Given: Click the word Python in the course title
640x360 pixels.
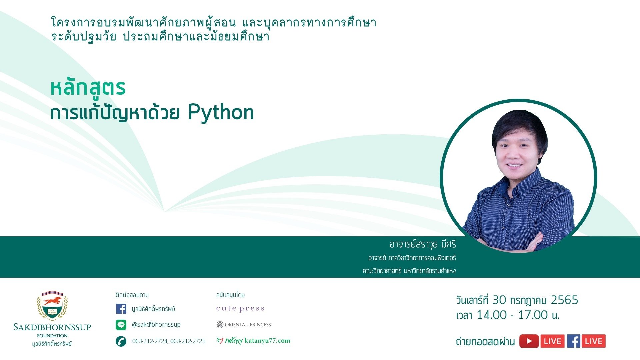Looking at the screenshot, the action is click(x=221, y=113).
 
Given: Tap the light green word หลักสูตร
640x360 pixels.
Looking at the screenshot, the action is click(x=88, y=88).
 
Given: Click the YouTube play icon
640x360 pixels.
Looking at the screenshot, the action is click(x=529, y=341).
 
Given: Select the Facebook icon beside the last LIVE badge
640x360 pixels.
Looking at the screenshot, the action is click(x=573, y=341).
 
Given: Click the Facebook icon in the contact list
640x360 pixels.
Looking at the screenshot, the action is click(x=121, y=309).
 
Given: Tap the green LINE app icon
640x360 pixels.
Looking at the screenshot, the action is click(x=121, y=325).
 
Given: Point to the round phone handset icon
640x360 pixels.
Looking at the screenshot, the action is click(x=121, y=341).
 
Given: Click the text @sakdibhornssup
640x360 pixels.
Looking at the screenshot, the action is click(x=156, y=325).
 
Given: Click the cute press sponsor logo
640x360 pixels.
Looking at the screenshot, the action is click(x=240, y=309).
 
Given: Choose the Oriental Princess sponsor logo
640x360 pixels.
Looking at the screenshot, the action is click(x=244, y=325).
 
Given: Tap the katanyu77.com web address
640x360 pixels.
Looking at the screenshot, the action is click(x=267, y=341).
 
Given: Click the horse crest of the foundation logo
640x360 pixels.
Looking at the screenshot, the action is click(x=52, y=305).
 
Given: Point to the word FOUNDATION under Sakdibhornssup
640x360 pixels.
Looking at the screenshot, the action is click(x=52, y=336).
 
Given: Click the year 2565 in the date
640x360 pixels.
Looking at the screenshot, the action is click(x=564, y=300).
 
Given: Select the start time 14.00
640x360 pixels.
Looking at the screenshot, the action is click(x=492, y=315).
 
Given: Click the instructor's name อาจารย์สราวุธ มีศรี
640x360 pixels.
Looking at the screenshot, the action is click(x=423, y=244).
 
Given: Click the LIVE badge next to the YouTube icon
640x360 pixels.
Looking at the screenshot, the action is click(x=552, y=341).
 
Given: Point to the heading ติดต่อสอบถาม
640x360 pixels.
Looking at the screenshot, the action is click(x=132, y=295).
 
